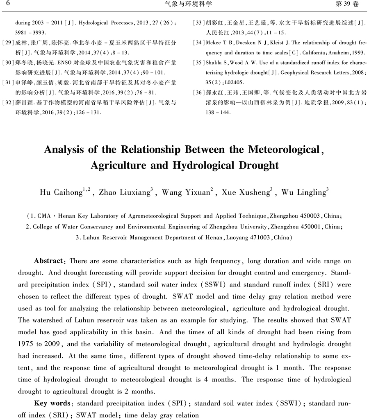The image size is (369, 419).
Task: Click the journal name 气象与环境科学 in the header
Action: point(188,4)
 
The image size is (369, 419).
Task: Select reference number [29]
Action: point(8,43)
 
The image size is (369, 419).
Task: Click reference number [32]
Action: point(8,101)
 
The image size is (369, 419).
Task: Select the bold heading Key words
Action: point(52,403)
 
